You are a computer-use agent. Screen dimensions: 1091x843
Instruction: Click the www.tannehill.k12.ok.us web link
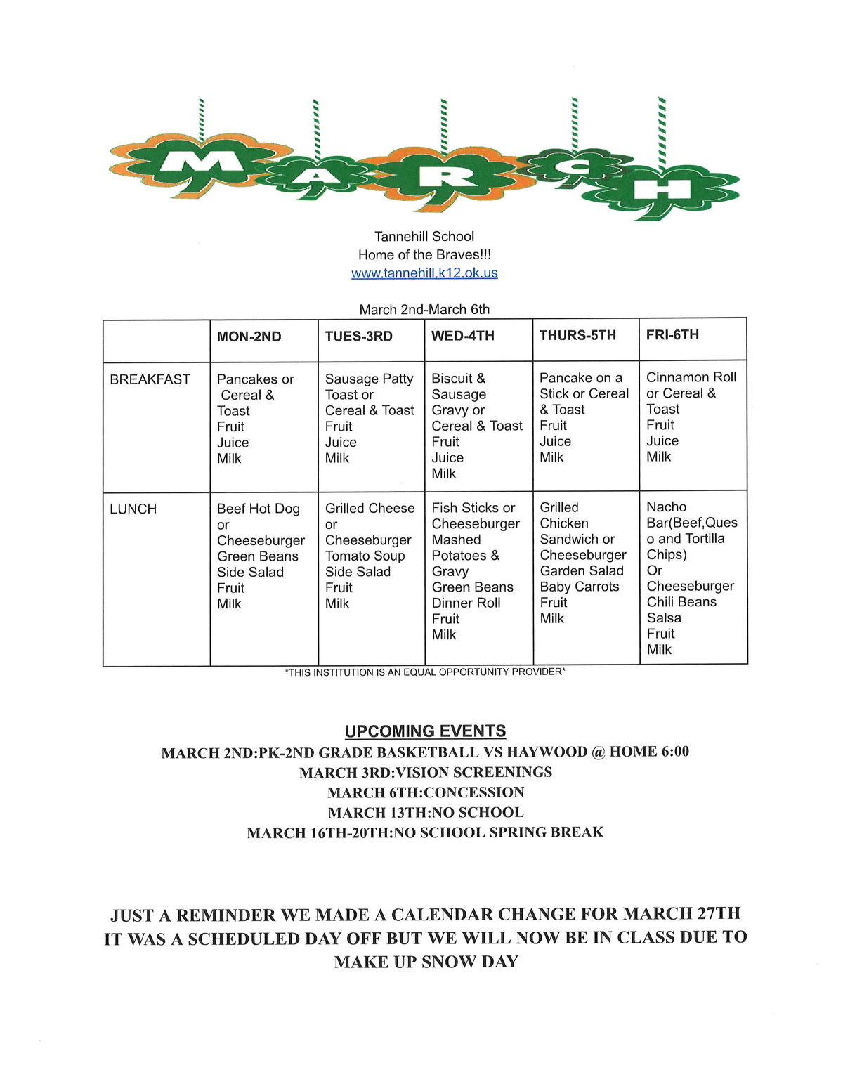(424, 273)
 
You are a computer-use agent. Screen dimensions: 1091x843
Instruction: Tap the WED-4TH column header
(462, 336)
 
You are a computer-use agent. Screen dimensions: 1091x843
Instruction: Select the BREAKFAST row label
(150, 379)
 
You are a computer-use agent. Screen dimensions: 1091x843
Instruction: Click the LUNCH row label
(133, 509)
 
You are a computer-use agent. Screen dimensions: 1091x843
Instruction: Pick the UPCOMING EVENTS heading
(425, 731)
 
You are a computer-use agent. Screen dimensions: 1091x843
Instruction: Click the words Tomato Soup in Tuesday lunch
(365, 556)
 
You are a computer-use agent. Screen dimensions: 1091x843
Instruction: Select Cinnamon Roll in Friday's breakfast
(691, 377)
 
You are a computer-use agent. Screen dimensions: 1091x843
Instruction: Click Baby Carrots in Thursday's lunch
(579, 587)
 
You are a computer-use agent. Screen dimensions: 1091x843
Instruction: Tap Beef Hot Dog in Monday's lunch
(258, 509)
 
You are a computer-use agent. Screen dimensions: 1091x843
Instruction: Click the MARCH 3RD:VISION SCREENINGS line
(425, 772)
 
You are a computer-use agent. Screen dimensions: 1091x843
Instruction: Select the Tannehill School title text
(424, 237)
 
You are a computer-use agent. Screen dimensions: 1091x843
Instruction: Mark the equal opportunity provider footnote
(425, 672)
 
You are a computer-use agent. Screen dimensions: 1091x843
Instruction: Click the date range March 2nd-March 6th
(424, 310)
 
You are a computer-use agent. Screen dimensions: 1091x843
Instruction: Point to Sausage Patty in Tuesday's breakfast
(369, 379)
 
